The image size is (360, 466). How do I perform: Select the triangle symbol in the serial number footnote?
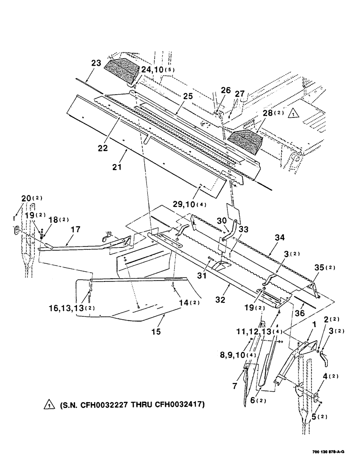coord(48,406)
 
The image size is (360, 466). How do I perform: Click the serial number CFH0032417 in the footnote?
coord(176,405)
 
